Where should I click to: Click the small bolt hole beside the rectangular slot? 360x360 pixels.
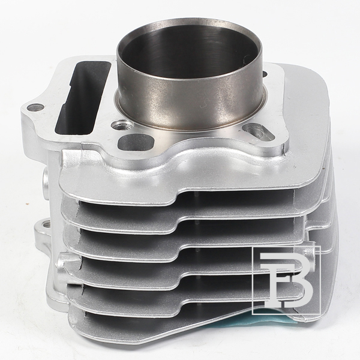tap(35, 107)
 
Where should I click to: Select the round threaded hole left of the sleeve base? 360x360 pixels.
tap(122, 124)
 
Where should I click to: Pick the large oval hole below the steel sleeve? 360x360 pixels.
tap(136, 142)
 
